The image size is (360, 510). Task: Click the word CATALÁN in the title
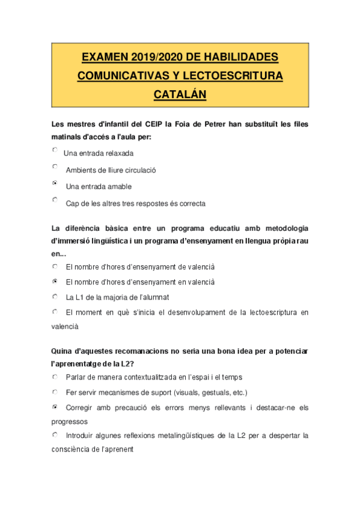(180, 95)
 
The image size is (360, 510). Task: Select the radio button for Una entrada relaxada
(55, 150)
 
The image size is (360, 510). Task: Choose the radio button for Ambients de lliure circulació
(55, 167)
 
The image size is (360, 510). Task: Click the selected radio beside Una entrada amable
(55, 183)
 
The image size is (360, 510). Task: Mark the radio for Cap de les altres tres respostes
(55, 200)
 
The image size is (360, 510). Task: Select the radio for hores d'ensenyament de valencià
(55, 265)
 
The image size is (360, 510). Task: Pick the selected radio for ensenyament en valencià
(55, 281)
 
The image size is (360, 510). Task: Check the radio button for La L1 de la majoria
(55, 296)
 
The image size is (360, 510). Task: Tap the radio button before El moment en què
(55, 312)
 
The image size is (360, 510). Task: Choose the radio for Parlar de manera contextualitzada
(55, 377)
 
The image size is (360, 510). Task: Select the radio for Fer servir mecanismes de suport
(55, 392)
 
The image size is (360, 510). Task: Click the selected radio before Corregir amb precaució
(55, 407)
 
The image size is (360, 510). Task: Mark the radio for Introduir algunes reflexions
(55, 434)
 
